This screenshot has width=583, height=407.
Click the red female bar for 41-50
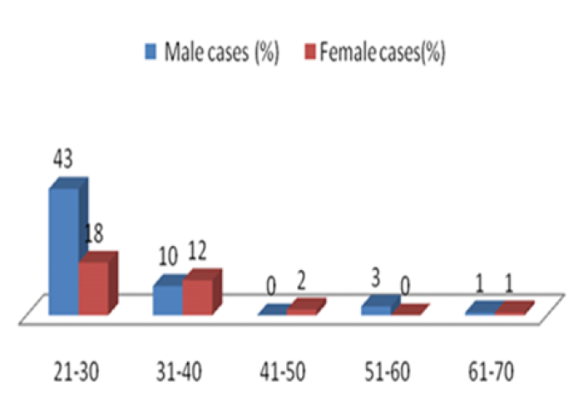(307, 306)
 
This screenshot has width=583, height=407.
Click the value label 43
(63, 159)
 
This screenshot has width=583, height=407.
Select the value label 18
(93, 233)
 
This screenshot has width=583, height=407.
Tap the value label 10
(168, 256)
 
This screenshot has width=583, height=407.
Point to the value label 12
(197, 251)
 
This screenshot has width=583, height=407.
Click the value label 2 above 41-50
(301, 281)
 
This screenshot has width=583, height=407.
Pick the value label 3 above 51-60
(376, 278)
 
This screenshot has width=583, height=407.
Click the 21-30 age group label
(77, 371)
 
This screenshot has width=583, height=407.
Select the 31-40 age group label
(179, 371)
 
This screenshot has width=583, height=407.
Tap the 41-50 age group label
(283, 371)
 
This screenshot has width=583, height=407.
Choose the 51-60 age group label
(387, 371)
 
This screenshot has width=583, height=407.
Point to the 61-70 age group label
(491, 371)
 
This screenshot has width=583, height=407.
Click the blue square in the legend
(151, 51)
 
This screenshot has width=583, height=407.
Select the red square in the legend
(310, 51)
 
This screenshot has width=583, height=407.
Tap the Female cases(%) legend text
(383, 52)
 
